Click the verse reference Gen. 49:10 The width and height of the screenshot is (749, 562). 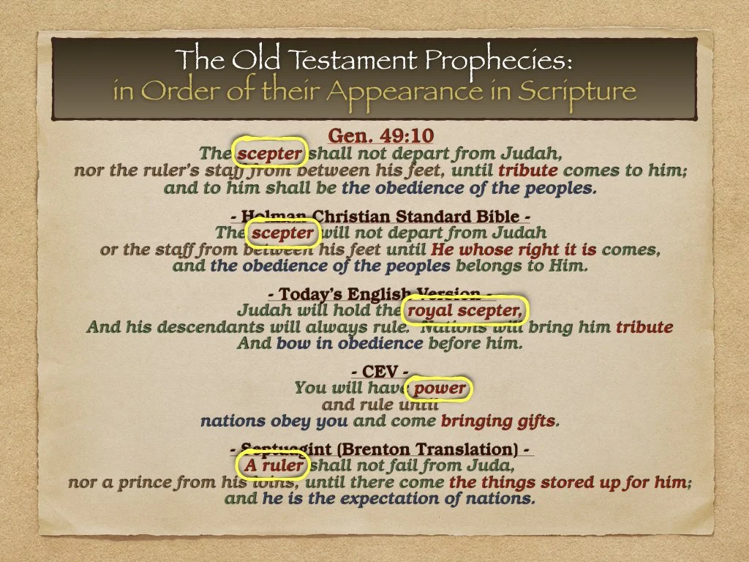click(374, 136)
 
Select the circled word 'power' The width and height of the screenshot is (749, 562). click(440, 388)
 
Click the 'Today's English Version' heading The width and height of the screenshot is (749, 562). click(374, 295)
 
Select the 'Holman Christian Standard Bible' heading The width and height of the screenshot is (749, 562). click(374, 217)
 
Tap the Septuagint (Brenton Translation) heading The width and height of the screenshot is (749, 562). click(374, 449)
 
